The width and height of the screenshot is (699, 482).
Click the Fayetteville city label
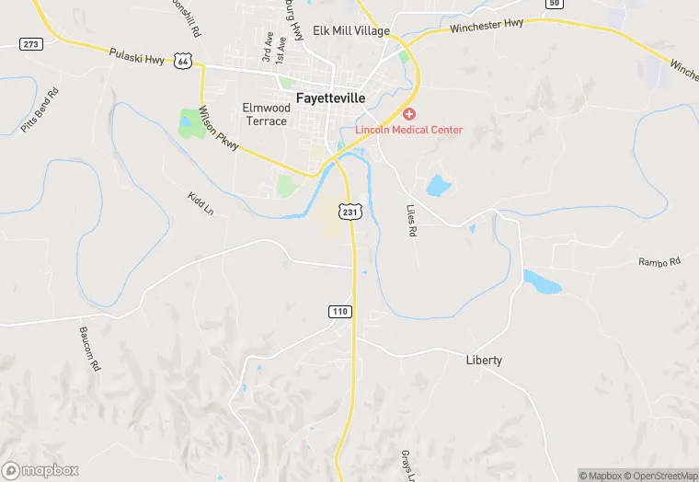click(x=330, y=97)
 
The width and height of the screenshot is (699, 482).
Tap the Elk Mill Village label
click(x=351, y=30)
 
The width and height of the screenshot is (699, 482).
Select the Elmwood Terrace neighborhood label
click(x=265, y=114)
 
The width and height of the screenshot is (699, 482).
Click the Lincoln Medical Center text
click(x=409, y=130)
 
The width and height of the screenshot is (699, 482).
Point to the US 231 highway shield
click(x=349, y=212)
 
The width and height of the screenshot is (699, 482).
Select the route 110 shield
click(x=339, y=312)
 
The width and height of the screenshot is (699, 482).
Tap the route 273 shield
click(x=30, y=43)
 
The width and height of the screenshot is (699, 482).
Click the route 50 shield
click(x=553, y=4)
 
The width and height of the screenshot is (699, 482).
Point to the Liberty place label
click(x=484, y=360)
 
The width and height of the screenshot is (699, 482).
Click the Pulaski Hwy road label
click(x=136, y=56)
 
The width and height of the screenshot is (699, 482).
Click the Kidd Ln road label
click(x=200, y=203)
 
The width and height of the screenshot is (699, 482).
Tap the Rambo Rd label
click(x=659, y=262)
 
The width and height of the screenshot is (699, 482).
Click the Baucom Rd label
click(x=89, y=349)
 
